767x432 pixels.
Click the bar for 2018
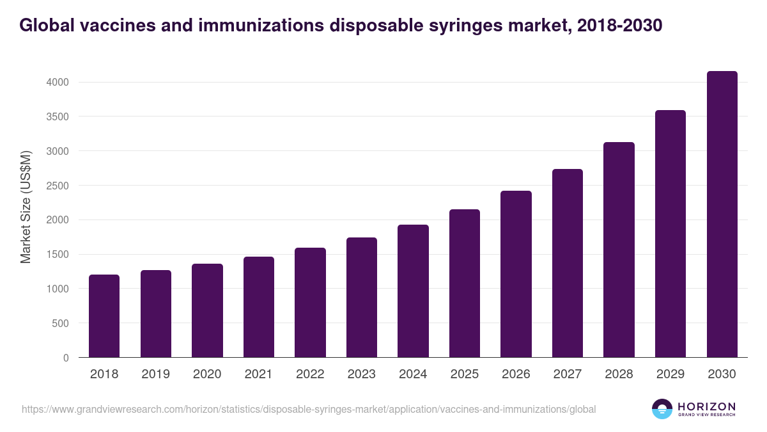104,316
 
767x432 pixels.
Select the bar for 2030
722,214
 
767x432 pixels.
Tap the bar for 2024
413,291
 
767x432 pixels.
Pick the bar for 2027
568,263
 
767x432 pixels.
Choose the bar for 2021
259,307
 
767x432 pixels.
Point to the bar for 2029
670,234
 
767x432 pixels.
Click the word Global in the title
47,26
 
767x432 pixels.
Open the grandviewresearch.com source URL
309,409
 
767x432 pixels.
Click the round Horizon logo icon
662,409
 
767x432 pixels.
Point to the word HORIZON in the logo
706,406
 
